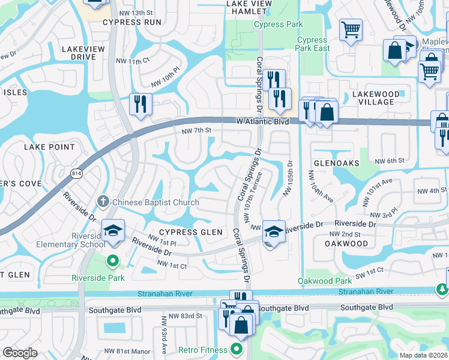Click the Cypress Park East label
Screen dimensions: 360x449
coord(313,44)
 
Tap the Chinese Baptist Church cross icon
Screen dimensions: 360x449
coord(103,202)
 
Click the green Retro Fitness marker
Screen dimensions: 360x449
coord(237,349)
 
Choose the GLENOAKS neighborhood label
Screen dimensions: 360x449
coord(336,163)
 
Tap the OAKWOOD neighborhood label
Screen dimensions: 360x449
coord(346,244)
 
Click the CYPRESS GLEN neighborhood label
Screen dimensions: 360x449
coord(182,232)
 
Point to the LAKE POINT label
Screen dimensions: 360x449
coord(49,147)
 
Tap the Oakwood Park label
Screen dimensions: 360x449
coord(325,281)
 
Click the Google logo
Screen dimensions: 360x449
coord(20,353)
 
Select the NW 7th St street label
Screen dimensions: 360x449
coord(197,130)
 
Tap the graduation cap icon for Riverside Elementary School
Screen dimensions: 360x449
coord(112,230)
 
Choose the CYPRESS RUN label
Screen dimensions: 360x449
coord(132,22)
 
